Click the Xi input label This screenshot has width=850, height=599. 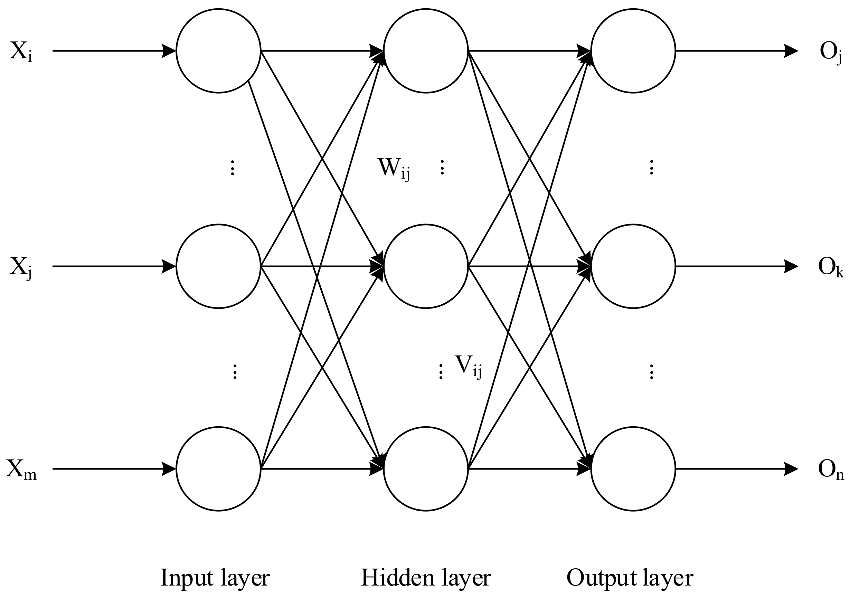(21, 51)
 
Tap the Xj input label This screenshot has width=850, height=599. (21, 267)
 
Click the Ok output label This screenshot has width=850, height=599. (831, 267)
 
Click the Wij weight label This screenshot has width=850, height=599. (393, 169)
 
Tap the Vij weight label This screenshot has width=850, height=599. (468, 366)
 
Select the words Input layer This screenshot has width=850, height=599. (215, 578)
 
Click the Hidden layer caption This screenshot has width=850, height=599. (426, 578)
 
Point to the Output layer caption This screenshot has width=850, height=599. (630, 578)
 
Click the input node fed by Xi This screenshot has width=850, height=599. (218, 51)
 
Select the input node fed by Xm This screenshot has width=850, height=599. (218, 469)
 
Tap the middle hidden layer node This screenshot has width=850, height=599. (426, 266)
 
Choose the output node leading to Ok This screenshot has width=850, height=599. (633, 266)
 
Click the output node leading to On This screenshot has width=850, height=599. (633, 469)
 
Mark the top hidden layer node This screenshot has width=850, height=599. (426, 51)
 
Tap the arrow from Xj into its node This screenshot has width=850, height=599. (111, 266)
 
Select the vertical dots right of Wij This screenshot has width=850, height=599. (442, 167)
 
